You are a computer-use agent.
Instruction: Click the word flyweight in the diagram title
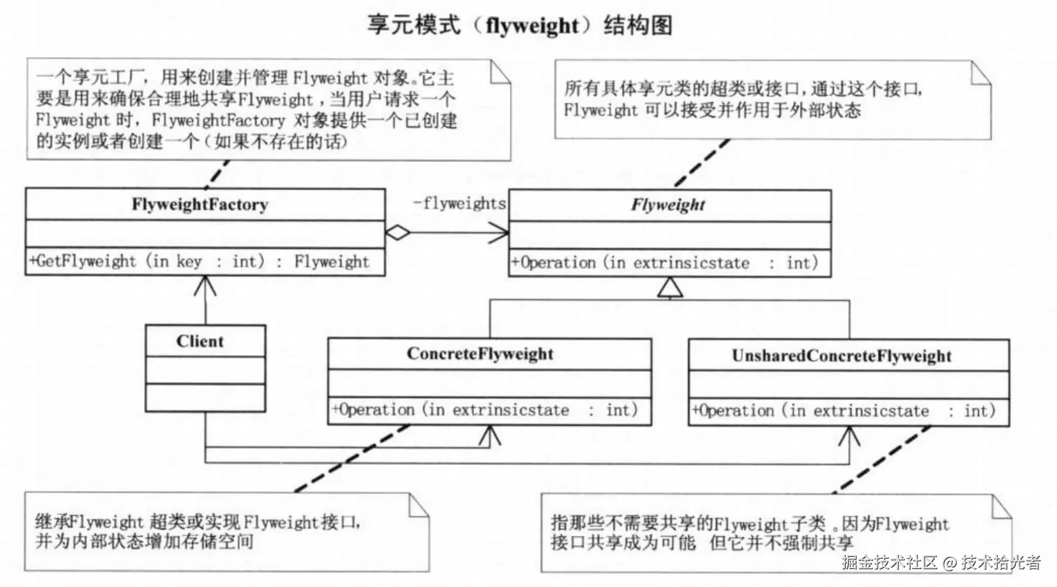click(x=532, y=26)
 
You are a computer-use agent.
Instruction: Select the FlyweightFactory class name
click(x=200, y=205)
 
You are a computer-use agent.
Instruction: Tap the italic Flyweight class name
click(x=668, y=206)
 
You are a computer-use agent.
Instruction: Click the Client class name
click(x=200, y=342)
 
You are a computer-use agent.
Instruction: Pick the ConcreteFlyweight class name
click(x=480, y=354)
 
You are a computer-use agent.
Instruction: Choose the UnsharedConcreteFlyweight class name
click(x=841, y=356)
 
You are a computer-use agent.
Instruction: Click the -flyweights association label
click(x=459, y=204)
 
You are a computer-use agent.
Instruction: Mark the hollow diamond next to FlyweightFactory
click(x=398, y=232)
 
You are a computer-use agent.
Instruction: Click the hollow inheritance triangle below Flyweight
click(x=670, y=288)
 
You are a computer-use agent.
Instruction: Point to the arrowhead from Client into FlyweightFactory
click(x=205, y=284)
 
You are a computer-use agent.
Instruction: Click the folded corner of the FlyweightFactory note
click(x=500, y=72)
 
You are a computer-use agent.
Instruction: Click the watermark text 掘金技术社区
click(x=889, y=563)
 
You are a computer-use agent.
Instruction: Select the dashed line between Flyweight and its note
click(x=702, y=163)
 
